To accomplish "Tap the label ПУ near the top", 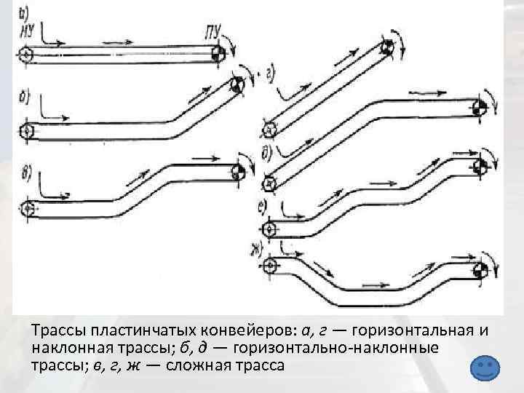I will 215,30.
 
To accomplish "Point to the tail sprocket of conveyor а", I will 26,55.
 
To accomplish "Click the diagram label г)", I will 270,74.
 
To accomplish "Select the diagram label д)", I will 266,152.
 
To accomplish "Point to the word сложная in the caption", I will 201,363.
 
